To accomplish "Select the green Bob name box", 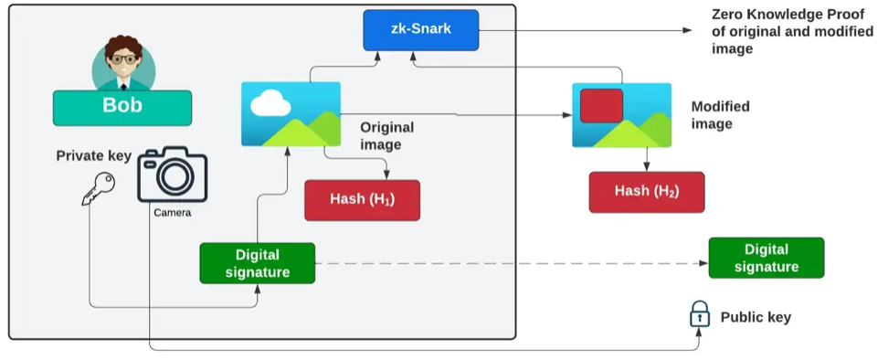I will pos(122,107).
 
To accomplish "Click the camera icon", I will pos(173,175).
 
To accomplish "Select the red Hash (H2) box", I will pos(647,192).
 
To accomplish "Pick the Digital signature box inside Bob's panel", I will pos(257,263).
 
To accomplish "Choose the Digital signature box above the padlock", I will pos(766,258).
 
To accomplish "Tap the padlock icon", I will pos(699,315).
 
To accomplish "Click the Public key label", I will pos(756,317).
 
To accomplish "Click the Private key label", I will pos(94,155).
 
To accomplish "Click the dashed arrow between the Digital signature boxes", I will pos(512,263).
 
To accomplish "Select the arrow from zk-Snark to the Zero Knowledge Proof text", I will pos(585,30).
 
